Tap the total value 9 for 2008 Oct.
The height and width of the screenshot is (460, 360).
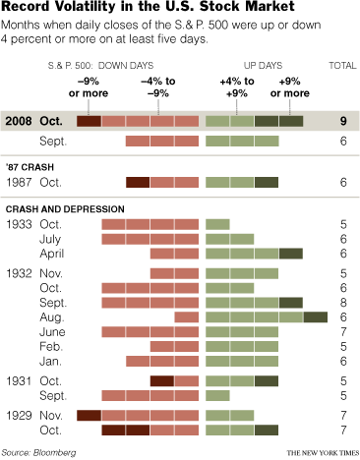click(342, 122)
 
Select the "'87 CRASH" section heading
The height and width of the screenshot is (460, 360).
click(30, 169)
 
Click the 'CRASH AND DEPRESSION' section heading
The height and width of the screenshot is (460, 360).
click(64, 209)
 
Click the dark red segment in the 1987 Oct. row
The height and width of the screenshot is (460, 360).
click(138, 182)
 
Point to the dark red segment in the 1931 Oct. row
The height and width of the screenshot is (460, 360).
click(162, 380)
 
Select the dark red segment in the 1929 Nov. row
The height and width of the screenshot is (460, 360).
click(90, 415)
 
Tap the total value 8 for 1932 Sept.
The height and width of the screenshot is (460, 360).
click(342, 302)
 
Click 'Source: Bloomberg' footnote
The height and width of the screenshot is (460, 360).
click(41, 450)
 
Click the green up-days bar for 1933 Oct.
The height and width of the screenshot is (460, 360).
click(217, 225)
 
